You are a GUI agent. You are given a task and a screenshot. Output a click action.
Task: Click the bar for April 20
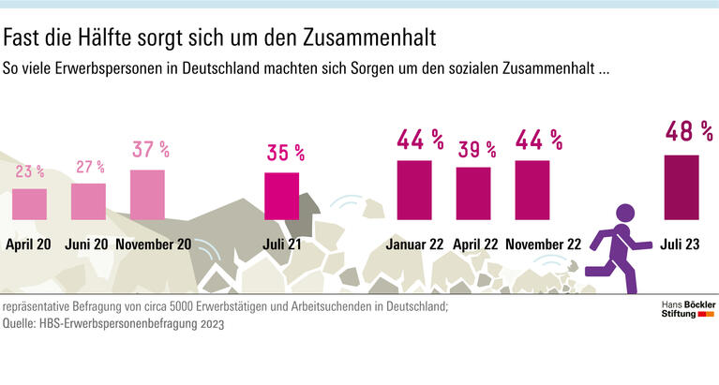[30, 203]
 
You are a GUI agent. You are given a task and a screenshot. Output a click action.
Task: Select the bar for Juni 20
[88, 201]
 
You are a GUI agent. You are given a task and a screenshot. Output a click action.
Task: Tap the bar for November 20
[147, 195]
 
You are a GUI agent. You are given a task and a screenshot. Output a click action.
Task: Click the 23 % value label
[30, 171]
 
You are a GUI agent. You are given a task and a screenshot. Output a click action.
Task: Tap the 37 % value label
[150, 150]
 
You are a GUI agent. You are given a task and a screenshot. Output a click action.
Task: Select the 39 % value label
[475, 149]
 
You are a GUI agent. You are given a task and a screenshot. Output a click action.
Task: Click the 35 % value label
[285, 152]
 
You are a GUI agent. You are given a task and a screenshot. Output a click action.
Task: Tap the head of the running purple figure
[624, 215]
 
